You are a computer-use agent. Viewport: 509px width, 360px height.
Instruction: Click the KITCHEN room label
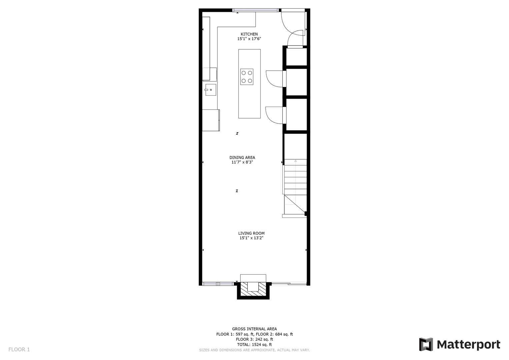(x=249, y=34)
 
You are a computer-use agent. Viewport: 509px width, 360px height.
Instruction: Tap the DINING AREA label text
(x=242, y=157)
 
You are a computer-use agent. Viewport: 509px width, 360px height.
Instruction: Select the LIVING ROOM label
(x=251, y=233)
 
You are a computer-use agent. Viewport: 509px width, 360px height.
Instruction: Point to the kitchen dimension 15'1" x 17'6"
(x=249, y=39)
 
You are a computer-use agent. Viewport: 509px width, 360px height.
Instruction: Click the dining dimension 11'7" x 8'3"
(x=242, y=162)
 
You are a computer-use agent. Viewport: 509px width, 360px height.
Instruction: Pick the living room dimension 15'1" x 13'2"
(x=251, y=238)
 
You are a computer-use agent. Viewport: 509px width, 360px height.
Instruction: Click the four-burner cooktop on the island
(x=247, y=77)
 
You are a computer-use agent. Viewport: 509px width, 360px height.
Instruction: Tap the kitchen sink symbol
(x=210, y=90)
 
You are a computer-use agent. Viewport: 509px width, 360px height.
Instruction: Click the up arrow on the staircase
(x=295, y=161)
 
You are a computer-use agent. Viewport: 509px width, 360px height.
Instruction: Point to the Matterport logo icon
(x=426, y=344)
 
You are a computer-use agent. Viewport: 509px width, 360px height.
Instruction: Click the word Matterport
(x=469, y=345)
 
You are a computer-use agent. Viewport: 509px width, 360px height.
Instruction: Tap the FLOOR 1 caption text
(x=19, y=350)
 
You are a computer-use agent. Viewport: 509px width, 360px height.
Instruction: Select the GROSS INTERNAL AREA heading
(x=254, y=329)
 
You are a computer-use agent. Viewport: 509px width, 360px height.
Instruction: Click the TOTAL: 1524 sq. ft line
(x=254, y=345)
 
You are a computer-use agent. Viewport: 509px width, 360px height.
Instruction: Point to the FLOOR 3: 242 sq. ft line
(x=254, y=339)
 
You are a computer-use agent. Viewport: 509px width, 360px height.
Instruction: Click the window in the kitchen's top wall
(x=255, y=10)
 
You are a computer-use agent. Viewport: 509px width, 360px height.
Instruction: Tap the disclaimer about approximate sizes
(x=254, y=350)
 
